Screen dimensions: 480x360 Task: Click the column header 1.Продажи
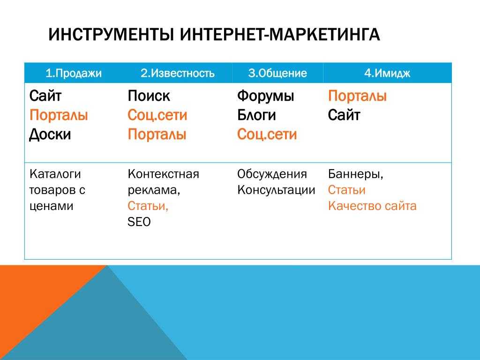(x=74, y=73)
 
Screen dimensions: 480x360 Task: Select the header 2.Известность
(x=178, y=73)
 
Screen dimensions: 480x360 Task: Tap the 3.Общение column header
(x=277, y=73)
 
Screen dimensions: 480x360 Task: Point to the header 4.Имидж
(x=387, y=73)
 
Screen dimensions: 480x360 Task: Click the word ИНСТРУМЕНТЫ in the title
(x=111, y=34)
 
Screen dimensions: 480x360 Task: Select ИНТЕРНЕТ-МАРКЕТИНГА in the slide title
(x=280, y=34)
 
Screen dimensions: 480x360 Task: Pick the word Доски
(x=50, y=135)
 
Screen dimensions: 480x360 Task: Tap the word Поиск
(x=149, y=96)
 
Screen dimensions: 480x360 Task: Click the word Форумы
(x=266, y=97)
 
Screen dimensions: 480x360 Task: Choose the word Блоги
(x=256, y=115)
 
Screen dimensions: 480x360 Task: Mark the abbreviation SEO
(x=139, y=222)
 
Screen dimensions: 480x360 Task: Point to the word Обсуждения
(x=272, y=174)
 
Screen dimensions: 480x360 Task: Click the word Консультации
(x=276, y=190)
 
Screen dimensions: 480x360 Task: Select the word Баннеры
(x=355, y=174)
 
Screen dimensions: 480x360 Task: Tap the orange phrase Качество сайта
(x=372, y=206)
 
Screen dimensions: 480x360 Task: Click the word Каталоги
(x=55, y=174)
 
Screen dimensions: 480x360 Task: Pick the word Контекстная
(x=164, y=174)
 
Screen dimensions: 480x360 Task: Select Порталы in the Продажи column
(x=59, y=115)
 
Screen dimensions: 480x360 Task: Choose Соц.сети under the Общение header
(x=267, y=135)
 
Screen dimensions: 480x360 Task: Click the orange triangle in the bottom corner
(x=34, y=300)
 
